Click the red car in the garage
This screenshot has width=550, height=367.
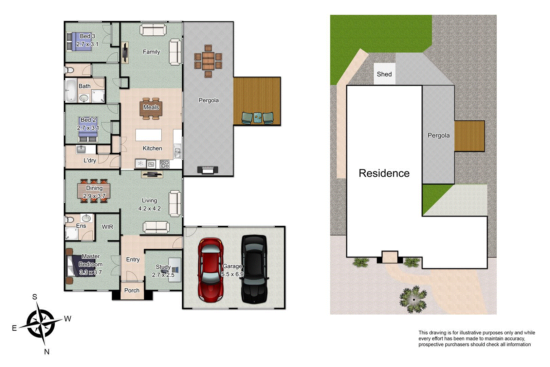[210, 270]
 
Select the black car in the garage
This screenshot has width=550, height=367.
[254, 270]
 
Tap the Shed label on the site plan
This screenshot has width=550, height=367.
[384, 74]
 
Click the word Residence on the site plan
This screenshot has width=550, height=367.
[384, 173]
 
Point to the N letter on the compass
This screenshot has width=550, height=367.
[47, 352]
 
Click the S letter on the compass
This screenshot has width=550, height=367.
[35, 297]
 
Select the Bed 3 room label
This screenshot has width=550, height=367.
[87, 36]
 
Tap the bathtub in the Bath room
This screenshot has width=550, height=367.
[71, 90]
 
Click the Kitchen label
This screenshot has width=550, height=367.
[152, 148]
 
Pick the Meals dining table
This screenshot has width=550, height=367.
[151, 108]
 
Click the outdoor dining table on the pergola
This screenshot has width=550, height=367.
[208, 61]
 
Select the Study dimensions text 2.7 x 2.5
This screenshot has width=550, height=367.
[163, 275]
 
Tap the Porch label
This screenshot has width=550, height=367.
[132, 291]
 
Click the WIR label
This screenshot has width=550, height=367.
[107, 227]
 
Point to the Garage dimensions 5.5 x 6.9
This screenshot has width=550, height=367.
[232, 274]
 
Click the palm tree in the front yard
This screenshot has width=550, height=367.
[413, 299]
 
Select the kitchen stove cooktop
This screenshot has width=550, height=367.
[165, 164]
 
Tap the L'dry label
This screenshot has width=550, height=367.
[90, 160]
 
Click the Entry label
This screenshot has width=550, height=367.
[133, 260]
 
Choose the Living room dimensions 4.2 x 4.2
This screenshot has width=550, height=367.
[149, 208]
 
